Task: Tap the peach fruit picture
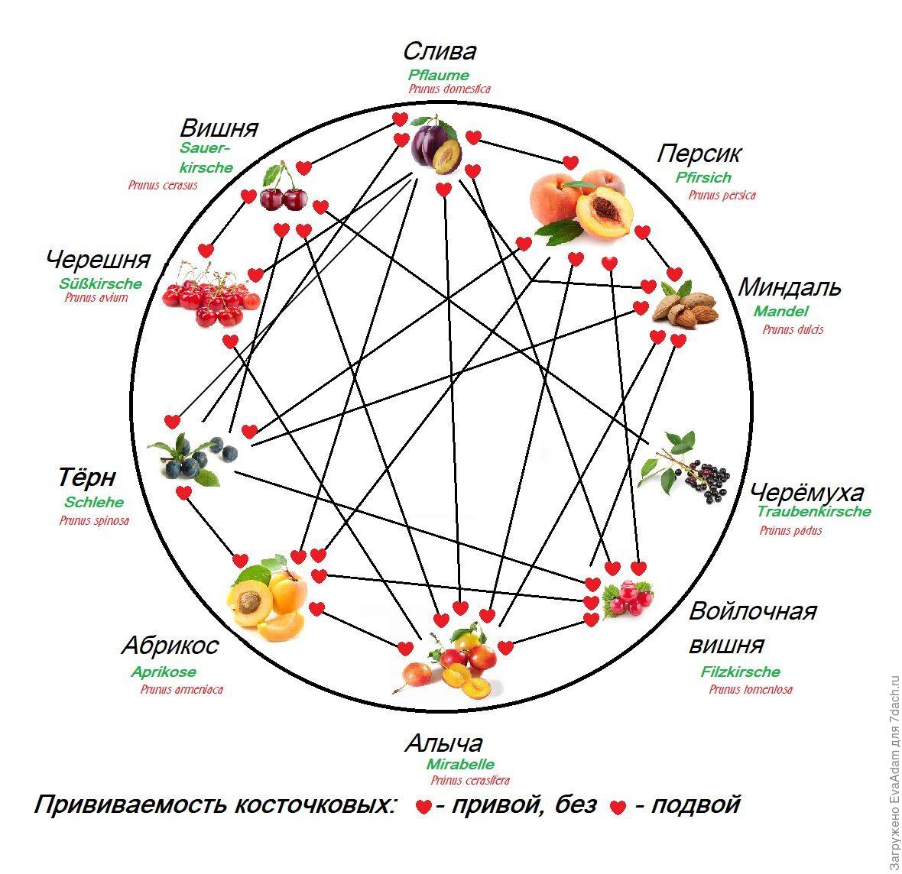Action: pyautogui.click(x=580, y=205)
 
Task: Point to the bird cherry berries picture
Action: pyautogui.click(x=686, y=467)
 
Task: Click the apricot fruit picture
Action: pyautogui.click(x=268, y=598)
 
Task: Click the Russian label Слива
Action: pyautogui.click(x=440, y=51)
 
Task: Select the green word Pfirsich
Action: pyautogui.click(x=703, y=177)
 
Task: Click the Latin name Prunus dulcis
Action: pyautogui.click(x=793, y=329)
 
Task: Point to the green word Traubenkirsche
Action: pyautogui.click(x=813, y=511)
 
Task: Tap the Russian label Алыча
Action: pyautogui.click(x=443, y=743)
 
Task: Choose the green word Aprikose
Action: pyautogui.click(x=164, y=672)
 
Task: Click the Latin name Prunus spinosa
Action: pyautogui.click(x=94, y=520)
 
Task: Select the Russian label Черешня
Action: pyautogui.click(x=99, y=260)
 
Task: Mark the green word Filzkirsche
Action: pyautogui.click(x=741, y=672)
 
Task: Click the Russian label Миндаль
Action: pyautogui.click(x=789, y=287)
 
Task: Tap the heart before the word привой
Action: pyautogui.click(x=423, y=806)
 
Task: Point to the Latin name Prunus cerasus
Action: pyautogui.click(x=163, y=185)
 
